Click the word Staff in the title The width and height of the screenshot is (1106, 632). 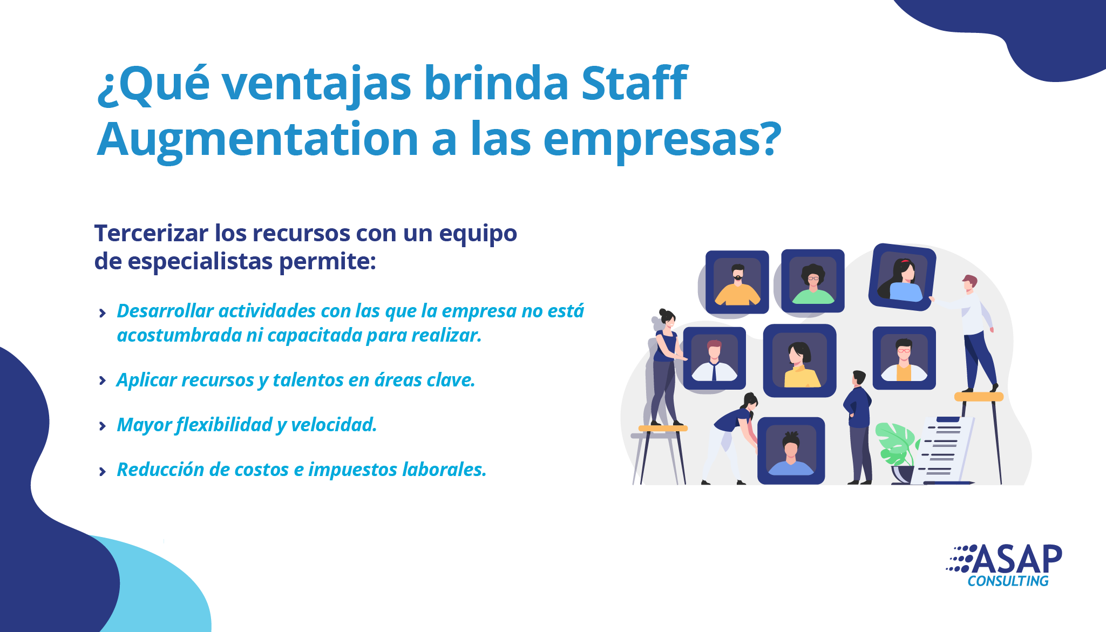(x=634, y=83)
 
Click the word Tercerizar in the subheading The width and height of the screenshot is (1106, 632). (x=152, y=233)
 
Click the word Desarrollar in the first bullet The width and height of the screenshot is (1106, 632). (x=162, y=311)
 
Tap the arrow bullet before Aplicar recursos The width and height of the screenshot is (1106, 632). (x=103, y=381)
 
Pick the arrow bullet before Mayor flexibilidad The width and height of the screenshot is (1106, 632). (x=103, y=426)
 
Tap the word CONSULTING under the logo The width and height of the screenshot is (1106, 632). (x=1008, y=581)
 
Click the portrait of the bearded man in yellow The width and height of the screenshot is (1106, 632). (x=737, y=282)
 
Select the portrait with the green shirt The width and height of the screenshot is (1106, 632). (x=813, y=281)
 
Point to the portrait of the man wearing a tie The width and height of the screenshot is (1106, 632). (x=715, y=358)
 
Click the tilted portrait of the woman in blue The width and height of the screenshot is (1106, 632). (x=902, y=277)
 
